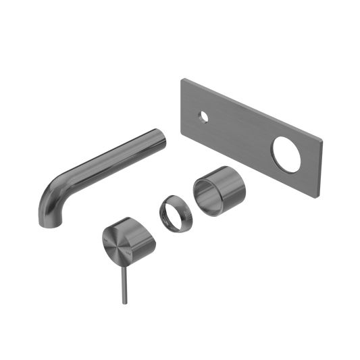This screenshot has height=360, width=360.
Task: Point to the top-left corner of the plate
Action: click(180, 79)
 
